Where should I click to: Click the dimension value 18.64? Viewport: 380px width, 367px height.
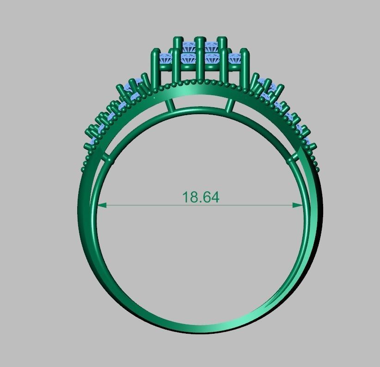pos(201,197)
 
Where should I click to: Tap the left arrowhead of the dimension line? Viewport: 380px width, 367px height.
pos(102,205)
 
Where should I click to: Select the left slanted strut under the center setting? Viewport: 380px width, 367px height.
pos(170,105)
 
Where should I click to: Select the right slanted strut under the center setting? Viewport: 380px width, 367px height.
pos(229,105)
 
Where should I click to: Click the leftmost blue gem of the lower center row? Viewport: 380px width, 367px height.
pos(165,59)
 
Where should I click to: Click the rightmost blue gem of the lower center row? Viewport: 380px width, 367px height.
pos(236,59)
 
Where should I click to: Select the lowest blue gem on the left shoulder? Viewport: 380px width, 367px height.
pos(94,141)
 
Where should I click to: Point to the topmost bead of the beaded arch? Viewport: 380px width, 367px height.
pos(200,81)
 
